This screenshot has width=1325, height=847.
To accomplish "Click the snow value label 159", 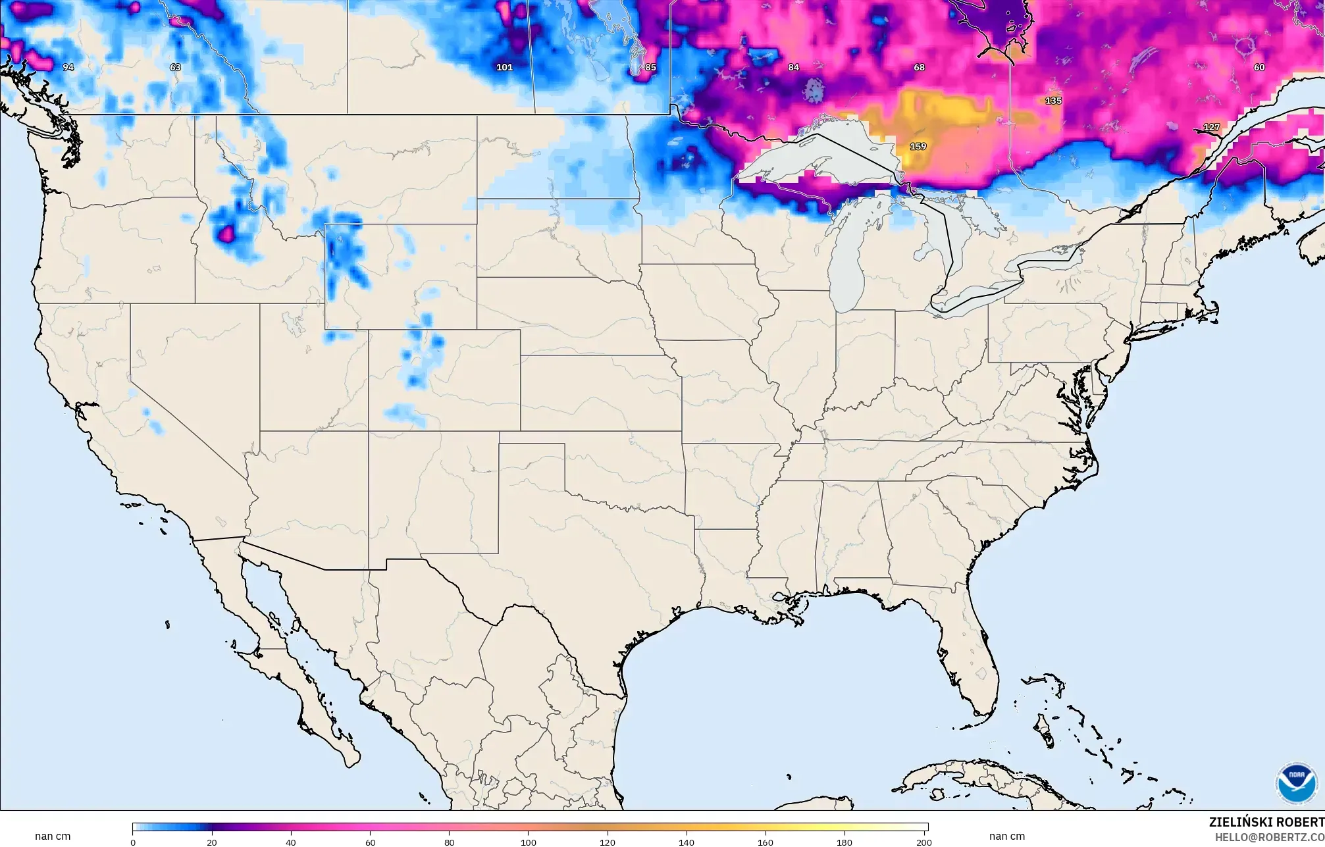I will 918,146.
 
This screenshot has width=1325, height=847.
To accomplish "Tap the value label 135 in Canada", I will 1053,101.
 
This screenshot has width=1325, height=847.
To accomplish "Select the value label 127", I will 1211,127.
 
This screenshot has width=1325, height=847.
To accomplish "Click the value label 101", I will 504,67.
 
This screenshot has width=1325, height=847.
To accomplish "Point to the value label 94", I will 68,67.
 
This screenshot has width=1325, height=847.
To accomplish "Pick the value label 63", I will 175,67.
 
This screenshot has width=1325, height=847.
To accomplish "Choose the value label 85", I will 650,67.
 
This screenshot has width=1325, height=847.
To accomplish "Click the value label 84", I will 793,67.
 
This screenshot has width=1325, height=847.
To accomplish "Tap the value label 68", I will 919,67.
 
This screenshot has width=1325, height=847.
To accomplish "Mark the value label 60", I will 1259,67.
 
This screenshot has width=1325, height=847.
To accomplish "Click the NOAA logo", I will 1296,783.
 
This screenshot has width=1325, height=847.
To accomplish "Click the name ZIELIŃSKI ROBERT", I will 1266,822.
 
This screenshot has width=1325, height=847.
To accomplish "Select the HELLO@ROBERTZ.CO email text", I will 1269,837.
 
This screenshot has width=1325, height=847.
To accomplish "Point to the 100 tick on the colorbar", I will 528,842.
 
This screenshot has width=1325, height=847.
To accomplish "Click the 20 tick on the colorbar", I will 211,842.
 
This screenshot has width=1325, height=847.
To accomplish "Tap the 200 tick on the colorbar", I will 923,842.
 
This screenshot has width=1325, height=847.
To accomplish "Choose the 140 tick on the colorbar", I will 686,842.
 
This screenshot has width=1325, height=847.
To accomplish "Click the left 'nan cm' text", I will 53,836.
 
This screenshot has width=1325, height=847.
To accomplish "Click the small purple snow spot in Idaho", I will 226,232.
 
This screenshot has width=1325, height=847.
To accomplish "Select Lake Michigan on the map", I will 849,263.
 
